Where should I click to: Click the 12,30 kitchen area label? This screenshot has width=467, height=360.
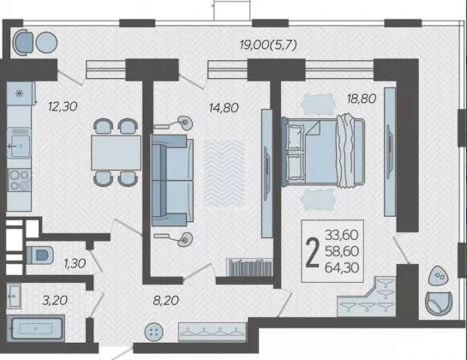click(x=63, y=106)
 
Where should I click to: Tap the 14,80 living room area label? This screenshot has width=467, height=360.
click(x=224, y=108)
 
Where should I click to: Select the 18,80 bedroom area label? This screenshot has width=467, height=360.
click(x=362, y=98)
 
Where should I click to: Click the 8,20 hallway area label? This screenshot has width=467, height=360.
click(x=166, y=300)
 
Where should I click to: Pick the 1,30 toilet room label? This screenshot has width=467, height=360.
click(x=75, y=263)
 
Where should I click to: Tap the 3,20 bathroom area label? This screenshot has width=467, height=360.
click(x=55, y=300)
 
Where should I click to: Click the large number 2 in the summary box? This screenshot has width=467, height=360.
click(x=313, y=252)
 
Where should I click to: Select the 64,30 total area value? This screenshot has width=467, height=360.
click(x=342, y=267)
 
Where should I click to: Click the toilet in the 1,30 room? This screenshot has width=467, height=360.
click(x=40, y=255)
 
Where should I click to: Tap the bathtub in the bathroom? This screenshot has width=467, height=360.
click(x=35, y=328)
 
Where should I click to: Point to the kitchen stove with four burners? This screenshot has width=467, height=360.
click(x=20, y=180)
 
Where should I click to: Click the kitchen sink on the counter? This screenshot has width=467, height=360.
click(x=19, y=143)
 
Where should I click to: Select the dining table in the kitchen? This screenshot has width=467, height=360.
click(x=116, y=153)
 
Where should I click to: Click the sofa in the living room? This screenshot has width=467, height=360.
click(x=172, y=180)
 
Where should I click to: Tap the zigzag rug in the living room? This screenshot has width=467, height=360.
click(x=224, y=174)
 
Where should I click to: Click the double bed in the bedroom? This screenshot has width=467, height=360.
click(x=323, y=153)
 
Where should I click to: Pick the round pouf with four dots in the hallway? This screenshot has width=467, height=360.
click(x=153, y=332)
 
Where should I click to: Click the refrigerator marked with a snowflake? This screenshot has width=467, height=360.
click(x=21, y=93)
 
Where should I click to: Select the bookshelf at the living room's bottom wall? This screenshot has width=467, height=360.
click(x=249, y=267)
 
